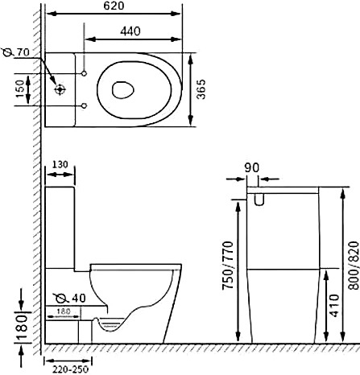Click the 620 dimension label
114,6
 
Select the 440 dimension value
130,31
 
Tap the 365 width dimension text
201,89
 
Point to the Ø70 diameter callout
16,52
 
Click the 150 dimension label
20,89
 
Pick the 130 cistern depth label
60,164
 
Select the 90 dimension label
252,167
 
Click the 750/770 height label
228,266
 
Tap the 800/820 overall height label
354,266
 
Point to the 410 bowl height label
334,305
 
